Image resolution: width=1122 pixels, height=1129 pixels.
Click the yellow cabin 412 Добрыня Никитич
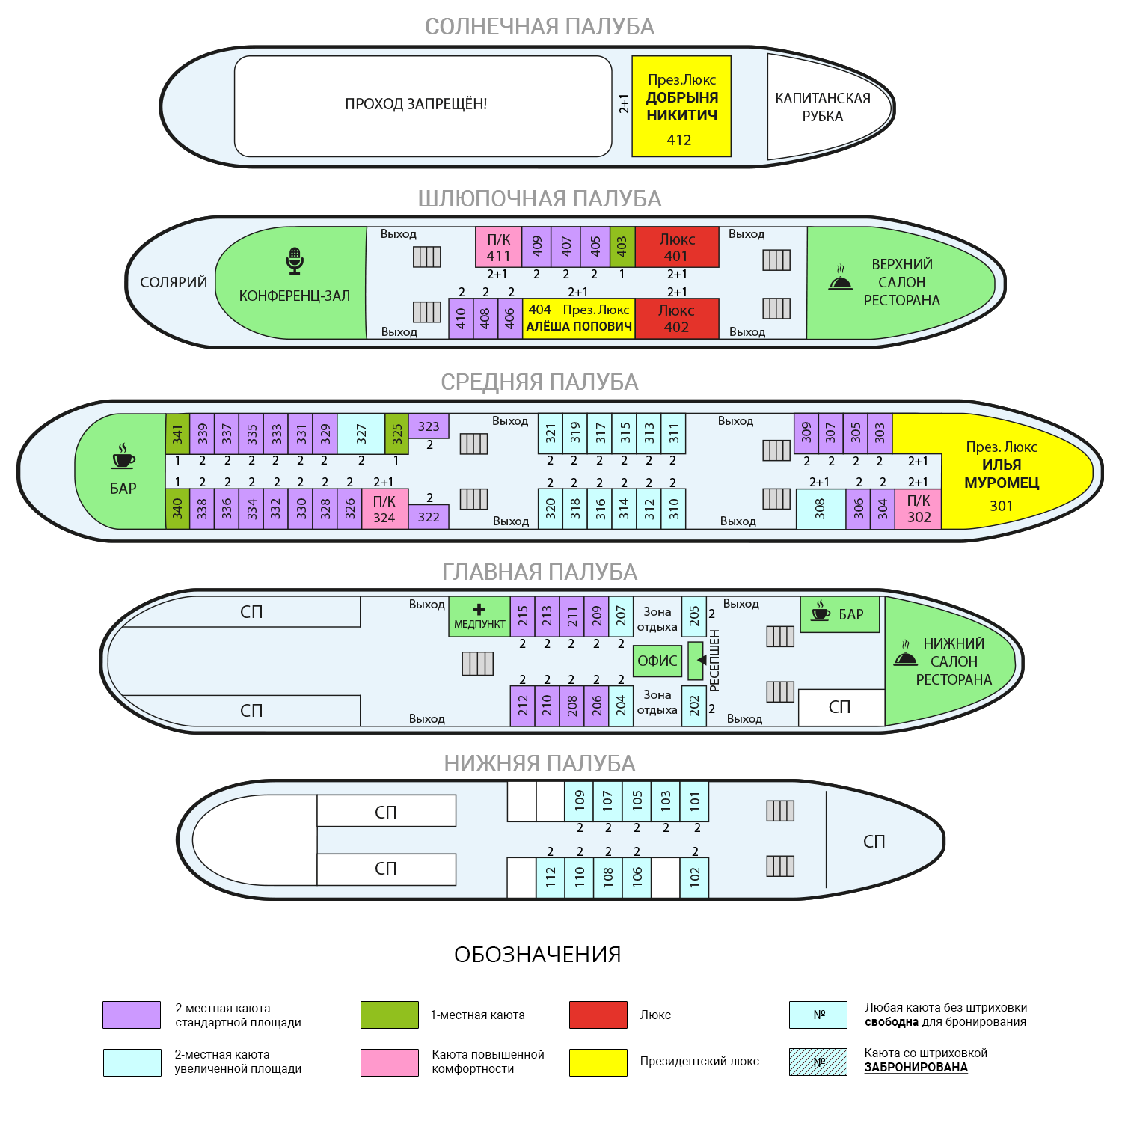(x=681, y=106)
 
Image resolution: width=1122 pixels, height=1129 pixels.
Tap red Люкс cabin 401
(x=677, y=247)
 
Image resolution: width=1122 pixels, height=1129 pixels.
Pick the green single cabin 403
(x=622, y=247)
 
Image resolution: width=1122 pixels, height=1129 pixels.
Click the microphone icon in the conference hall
(x=295, y=261)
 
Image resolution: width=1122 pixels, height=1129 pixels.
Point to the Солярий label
(x=174, y=282)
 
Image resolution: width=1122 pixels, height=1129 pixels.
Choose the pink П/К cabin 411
(x=499, y=247)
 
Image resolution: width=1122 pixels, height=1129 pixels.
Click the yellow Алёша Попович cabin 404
(x=579, y=318)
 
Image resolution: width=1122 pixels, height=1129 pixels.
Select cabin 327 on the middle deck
(x=361, y=434)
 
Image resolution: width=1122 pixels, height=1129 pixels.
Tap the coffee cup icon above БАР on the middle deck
(x=123, y=456)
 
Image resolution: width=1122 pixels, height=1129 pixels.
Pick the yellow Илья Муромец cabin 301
(x=999, y=471)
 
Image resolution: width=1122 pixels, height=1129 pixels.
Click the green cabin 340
(x=177, y=509)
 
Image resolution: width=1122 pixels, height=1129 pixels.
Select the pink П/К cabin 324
(x=384, y=509)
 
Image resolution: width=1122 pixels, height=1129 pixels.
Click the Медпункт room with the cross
(x=479, y=616)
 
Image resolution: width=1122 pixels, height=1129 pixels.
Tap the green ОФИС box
(x=657, y=661)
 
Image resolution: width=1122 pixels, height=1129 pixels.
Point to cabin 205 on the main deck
(x=694, y=616)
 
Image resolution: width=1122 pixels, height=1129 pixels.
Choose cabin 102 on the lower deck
(x=694, y=878)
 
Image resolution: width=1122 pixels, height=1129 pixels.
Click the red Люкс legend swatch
(x=598, y=1015)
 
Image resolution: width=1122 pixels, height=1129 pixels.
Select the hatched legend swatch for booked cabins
(x=818, y=1062)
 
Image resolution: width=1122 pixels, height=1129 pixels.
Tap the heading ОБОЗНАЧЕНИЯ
(x=538, y=955)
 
